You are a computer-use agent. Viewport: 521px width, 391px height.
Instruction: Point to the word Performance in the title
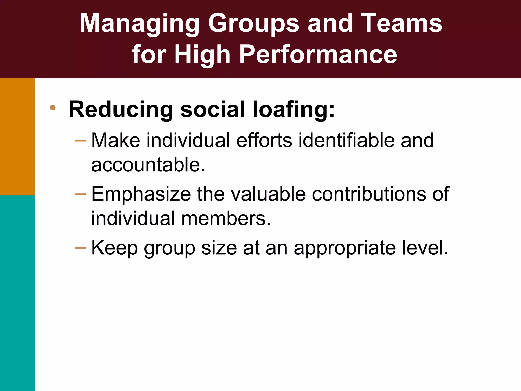[318, 54]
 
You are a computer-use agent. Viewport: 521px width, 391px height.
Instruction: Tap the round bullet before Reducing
[53, 108]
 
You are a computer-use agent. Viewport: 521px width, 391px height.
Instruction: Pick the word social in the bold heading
[212, 109]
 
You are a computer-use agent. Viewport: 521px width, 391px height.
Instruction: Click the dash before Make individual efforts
[80, 141]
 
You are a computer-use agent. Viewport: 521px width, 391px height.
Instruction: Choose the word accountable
[148, 165]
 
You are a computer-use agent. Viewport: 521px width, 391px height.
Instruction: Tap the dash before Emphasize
[80, 194]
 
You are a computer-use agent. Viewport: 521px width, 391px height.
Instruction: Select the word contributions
[369, 194]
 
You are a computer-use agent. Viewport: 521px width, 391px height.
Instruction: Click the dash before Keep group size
[80, 248]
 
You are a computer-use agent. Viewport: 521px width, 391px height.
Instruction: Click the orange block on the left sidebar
[17, 137]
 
